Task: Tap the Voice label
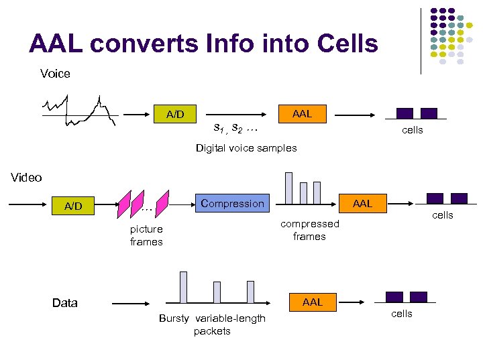[x=55, y=73]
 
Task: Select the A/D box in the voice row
[x=175, y=114]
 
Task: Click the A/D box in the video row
[x=73, y=206]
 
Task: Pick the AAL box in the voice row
[x=302, y=114]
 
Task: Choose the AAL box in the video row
[x=362, y=203]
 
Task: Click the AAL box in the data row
[x=313, y=302]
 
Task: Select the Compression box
[x=233, y=203]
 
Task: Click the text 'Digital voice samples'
[x=246, y=148]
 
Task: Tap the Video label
[x=27, y=178]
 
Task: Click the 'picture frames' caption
[x=146, y=235]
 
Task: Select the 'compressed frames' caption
[x=309, y=230]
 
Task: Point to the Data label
[x=64, y=303]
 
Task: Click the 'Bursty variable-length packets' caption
[x=212, y=324]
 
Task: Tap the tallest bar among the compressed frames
[x=288, y=188]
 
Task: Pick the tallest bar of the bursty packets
[x=183, y=287]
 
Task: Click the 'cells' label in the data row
[x=401, y=314]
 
